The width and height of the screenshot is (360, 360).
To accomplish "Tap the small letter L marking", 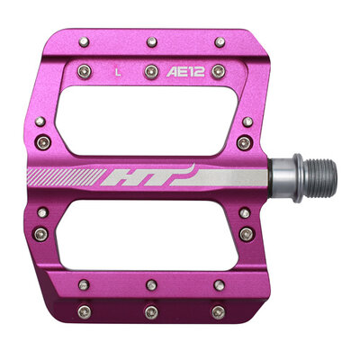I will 117,67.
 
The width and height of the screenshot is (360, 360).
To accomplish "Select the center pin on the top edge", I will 150,40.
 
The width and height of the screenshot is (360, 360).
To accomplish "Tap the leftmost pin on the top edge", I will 84,40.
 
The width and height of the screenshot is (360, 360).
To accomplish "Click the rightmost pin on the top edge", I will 218,40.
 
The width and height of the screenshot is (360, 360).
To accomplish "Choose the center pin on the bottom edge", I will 150,311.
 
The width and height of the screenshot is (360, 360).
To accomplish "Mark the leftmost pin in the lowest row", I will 84,311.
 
